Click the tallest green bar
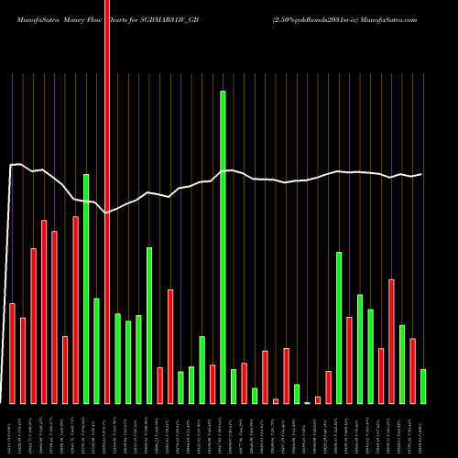pos(223,247)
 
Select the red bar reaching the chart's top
pos(107,202)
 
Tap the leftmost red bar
pos(12,353)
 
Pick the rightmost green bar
pos(423,386)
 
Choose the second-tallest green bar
pos(86,289)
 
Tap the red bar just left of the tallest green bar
pos(213,384)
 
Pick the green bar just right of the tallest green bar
pos(234,386)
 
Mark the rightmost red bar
pos(412,371)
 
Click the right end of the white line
pos(421,174)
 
